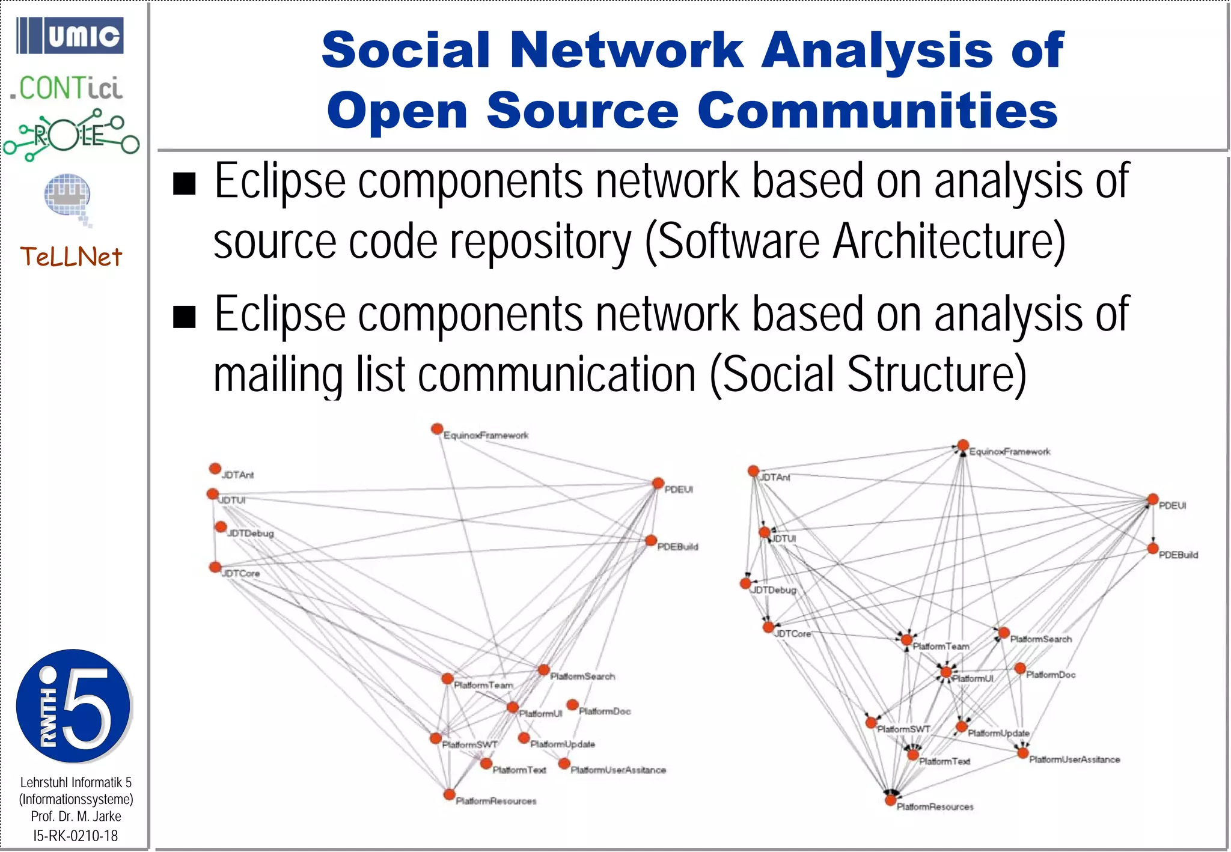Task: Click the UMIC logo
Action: tap(70, 36)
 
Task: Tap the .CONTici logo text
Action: tap(67, 89)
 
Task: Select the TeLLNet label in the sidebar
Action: tap(71, 257)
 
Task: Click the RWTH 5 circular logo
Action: tap(73, 706)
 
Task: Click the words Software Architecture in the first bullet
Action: tap(854, 242)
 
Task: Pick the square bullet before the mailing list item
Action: tap(185, 317)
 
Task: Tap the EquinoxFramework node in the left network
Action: tap(437, 429)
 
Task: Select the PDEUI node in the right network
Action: tap(1152, 499)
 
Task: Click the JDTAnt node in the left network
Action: tap(215, 468)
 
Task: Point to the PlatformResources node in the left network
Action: tap(449, 794)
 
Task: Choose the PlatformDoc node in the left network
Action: tap(572, 704)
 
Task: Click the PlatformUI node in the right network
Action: tap(946, 672)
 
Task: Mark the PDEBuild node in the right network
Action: tap(1152, 548)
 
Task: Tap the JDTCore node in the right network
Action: tap(768, 627)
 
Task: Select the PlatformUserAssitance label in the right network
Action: tap(1074, 760)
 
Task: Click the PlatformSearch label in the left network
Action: tap(582, 677)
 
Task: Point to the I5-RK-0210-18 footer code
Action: tap(76, 836)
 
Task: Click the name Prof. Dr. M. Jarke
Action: tap(76, 817)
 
